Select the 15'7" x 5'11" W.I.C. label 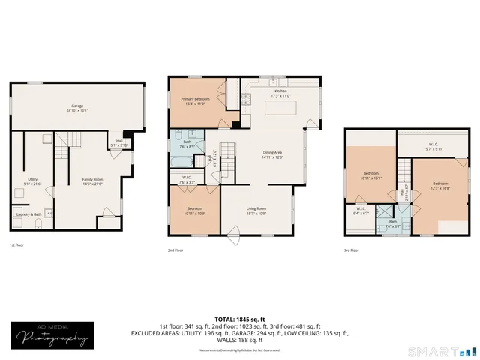429,147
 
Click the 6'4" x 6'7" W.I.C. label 361,212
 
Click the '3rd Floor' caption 351,250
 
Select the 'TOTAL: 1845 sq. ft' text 239,319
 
